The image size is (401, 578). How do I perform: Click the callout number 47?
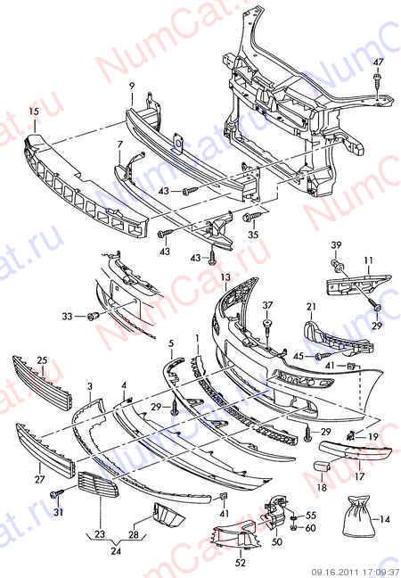pyautogui.click(x=378, y=62)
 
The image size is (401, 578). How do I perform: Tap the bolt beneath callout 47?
pyautogui.click(x=378, y=83)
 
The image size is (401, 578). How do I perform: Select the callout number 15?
pyautogui.click(x=34, y=111)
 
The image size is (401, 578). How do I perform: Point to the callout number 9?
pyautogui.click(x=132, y=87)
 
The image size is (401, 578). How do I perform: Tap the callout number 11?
pyautogui.click(x=368, y=261)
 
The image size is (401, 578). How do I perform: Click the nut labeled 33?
pyautogui.click(x=92, y=316)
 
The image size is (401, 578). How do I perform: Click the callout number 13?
pyautogui.click(x=225, y=277)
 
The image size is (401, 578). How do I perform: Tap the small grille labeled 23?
pyautogui.click(x=98, y=484)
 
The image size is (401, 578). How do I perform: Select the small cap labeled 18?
pyautogui.click(x=321, y=466)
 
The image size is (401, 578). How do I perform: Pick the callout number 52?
pyautogui.click(x=241, y=563)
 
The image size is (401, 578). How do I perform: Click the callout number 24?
pyautogui.click(x=116, y=550)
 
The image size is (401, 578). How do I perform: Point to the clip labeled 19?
pyautogui.click(x=350, y=435)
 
